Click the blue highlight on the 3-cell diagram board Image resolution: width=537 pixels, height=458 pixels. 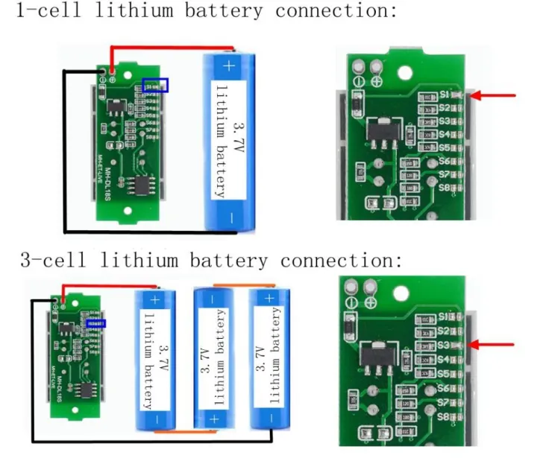pos(96,324)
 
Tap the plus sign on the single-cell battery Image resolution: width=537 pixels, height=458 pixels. pos(228,66)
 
